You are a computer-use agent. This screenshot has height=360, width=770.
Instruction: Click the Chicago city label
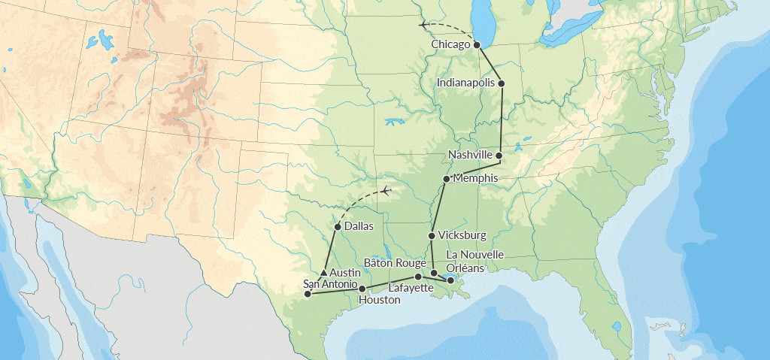pos(451,45)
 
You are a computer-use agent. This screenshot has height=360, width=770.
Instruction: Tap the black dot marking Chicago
pos(477,45)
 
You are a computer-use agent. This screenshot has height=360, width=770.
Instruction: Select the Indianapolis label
pos(466,82)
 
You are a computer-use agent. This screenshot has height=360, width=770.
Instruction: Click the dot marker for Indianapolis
pos(501,83)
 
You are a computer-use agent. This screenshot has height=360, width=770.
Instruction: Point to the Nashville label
pos(470,155)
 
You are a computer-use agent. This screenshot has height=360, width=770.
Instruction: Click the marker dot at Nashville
pos(499,155)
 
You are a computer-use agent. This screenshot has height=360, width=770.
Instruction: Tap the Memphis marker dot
pos(447,179)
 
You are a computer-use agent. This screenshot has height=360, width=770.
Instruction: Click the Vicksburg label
pos(462,235)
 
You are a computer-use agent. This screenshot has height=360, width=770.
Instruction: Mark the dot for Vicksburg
pos(431,236)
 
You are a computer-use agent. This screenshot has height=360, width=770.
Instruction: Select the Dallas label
pos(359,226)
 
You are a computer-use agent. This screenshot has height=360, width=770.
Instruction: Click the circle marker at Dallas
pos(338,226)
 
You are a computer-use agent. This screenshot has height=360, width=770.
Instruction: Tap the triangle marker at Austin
pos(323,272)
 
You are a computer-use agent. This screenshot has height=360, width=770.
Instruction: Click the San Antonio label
pos(330,283)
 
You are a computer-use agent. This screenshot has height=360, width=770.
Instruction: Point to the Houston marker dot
pos(362,289)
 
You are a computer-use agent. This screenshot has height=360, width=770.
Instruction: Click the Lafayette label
pos(411,288)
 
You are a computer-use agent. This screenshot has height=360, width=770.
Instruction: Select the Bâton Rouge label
pos(396,263)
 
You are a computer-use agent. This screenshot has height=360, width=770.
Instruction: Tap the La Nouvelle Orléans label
pos(474,260)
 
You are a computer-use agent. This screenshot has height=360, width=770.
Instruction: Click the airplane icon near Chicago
pos(424,25)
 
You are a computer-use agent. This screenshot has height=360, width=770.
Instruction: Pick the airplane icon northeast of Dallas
pos(386,191)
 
